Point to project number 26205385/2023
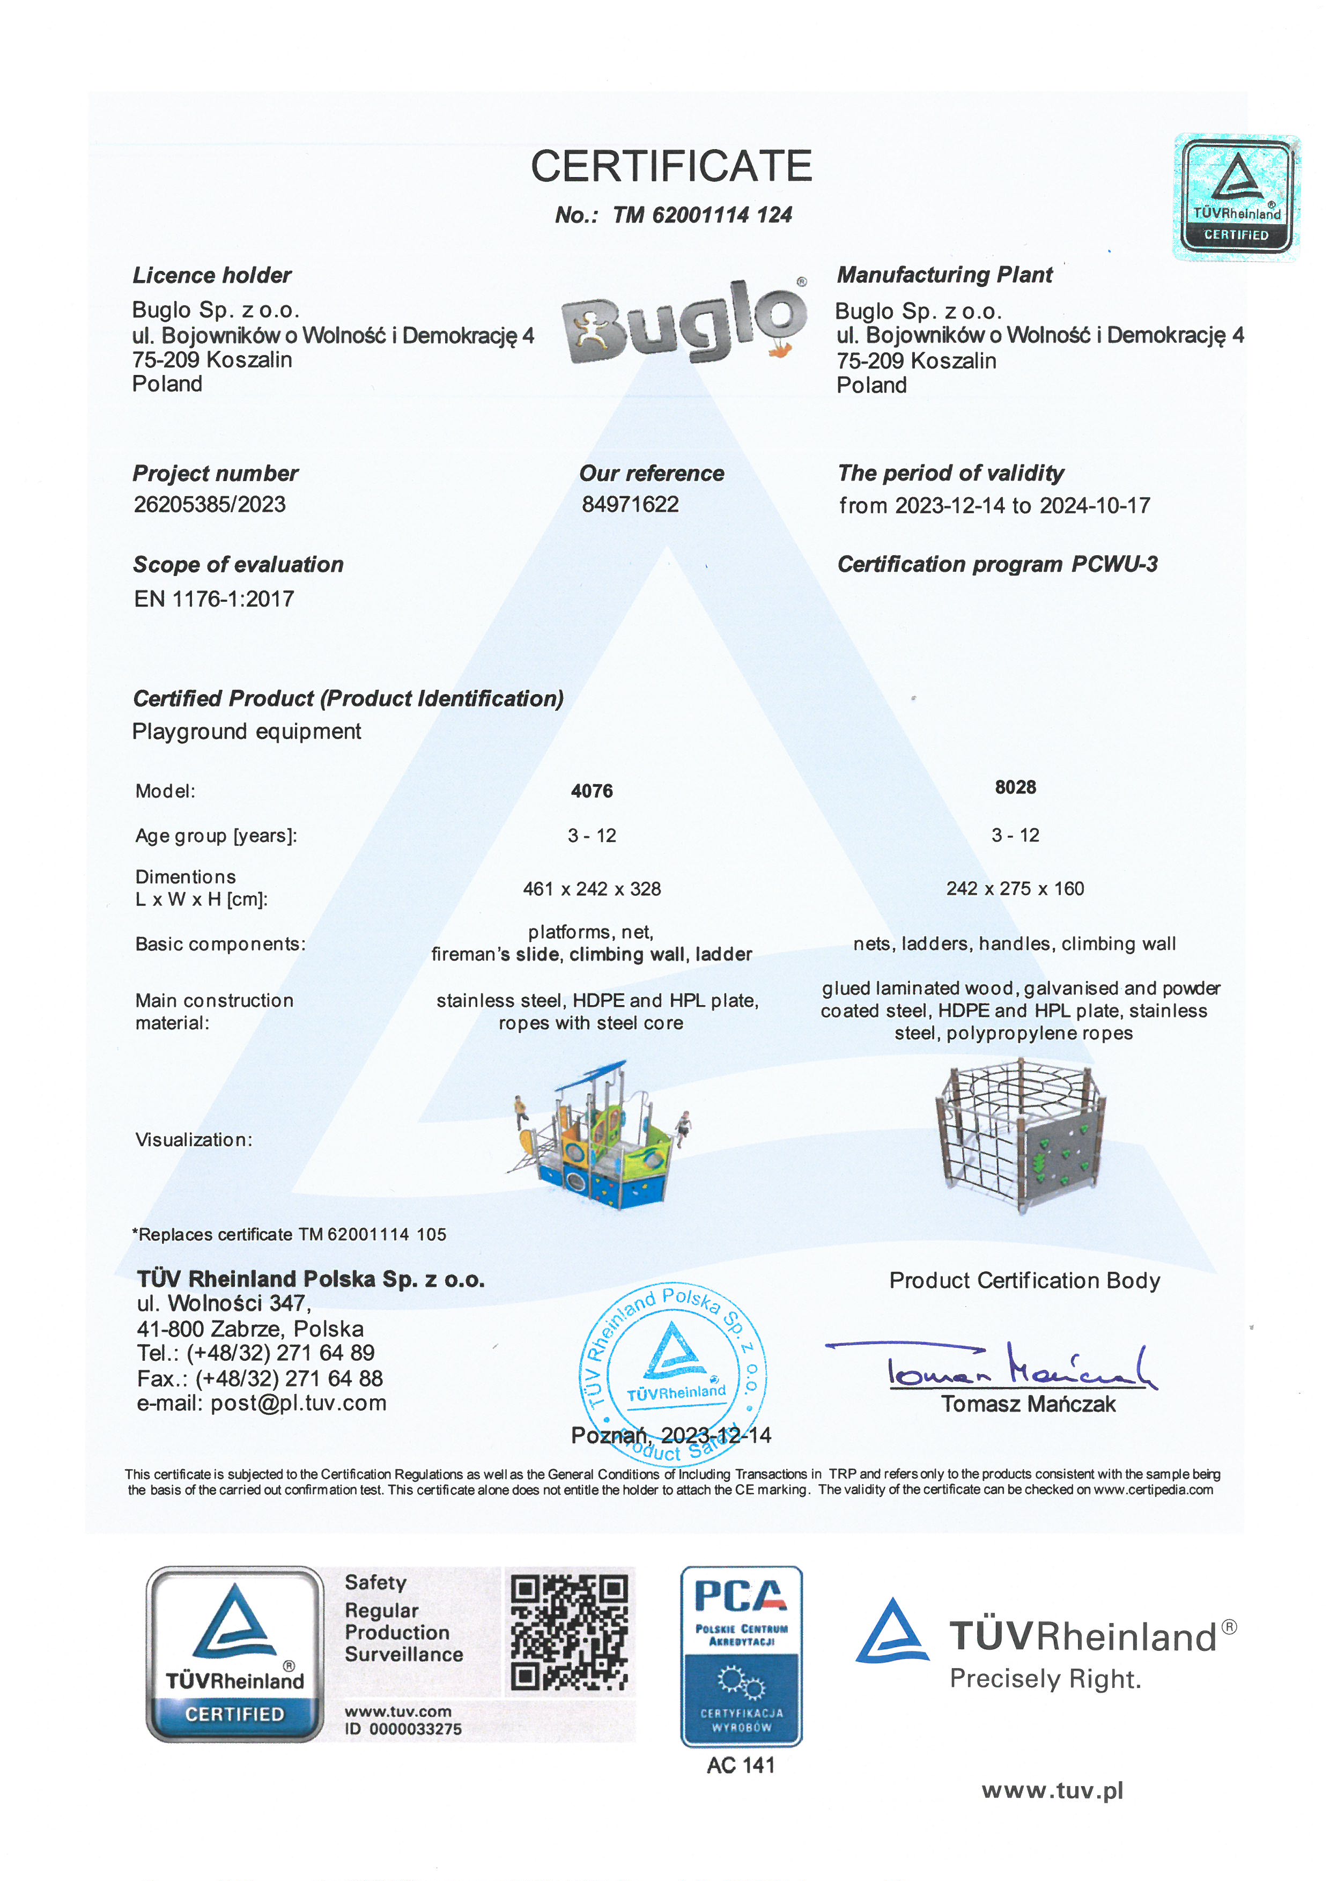210,505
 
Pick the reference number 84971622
630,505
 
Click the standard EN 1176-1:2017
214,599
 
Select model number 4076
592,792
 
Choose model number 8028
1016,787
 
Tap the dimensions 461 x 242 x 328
592,889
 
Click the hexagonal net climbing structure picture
1021,1135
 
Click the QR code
569,1634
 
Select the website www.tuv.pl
1052,1791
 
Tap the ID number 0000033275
415,1729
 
